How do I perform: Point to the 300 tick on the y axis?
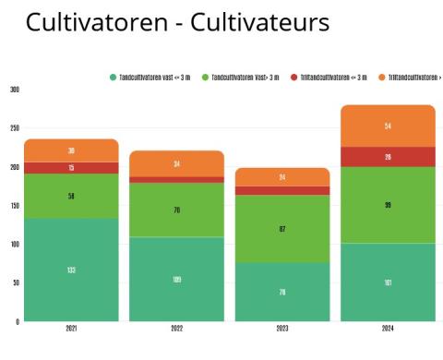[x=14, y=90]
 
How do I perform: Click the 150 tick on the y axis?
[x=14, y=206]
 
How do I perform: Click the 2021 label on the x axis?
[x=72, y=329]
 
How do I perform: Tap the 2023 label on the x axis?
[x=281, y=329]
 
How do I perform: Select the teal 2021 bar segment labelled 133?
[x=72, y=270]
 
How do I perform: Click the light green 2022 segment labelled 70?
[x=176, y=210]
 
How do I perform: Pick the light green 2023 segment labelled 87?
[x=281, y=228]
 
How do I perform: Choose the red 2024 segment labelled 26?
[x=388, y=157]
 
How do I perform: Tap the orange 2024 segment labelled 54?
[x=388, y=126]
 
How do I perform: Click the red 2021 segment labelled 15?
[x=72, y=168]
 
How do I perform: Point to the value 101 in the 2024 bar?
[x=388, y=282]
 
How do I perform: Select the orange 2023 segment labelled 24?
[x=281, y=177]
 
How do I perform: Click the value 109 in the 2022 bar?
[x=176, y=279]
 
